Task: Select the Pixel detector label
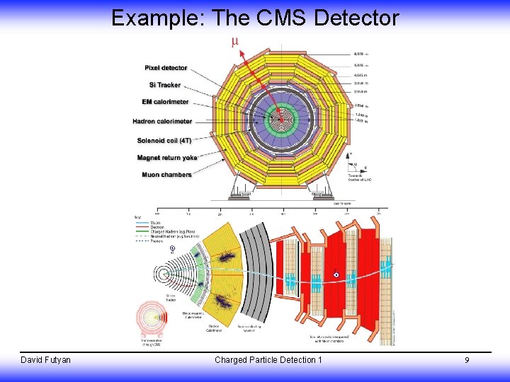(166, 68)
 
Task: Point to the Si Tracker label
(164, 85)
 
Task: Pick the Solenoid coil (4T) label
(164, 140)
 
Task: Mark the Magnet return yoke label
(167, 157)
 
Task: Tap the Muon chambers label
(166, 175)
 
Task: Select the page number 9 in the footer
(467, 361)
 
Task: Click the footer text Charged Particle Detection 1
(268, 360)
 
